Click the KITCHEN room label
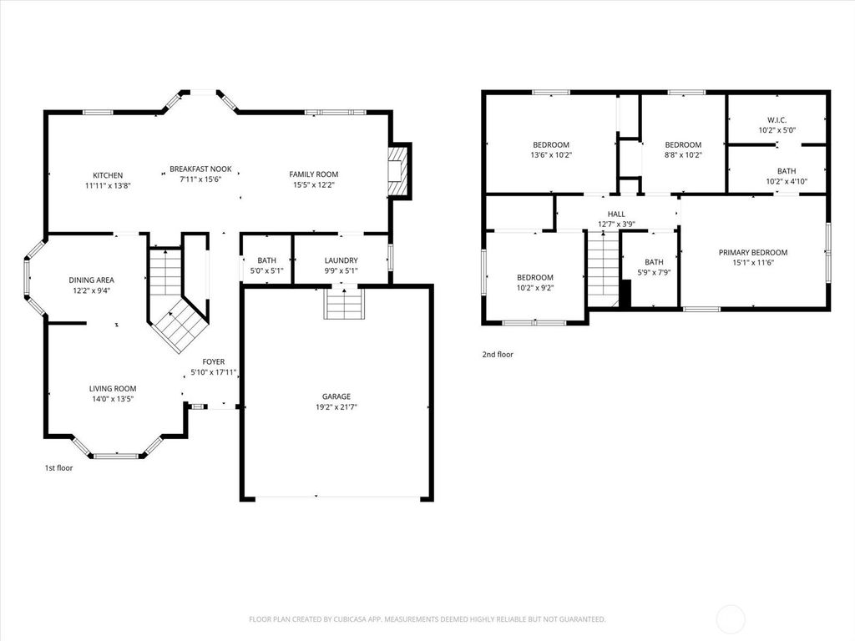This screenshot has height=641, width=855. (x=108, y=175)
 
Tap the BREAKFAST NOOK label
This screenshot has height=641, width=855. (x=200, y=169)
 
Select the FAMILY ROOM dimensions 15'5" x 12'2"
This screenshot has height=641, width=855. (x=314, y=184)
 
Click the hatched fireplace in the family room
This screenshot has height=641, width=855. (x=398, y=170)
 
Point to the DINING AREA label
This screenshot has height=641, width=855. (x=92, y=280)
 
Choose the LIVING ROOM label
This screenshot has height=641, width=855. (x=113, y=389)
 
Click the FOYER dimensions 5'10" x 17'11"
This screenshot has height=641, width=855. (x=213, y=373)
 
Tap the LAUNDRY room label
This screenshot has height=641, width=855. (x=341, y=260)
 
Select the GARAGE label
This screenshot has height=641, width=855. (x=336, y=396)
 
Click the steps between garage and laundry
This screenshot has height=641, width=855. (x=343, y=303)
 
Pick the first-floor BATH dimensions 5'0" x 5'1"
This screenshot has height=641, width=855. (x=266, y=271)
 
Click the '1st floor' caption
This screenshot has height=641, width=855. (x=59, y=467)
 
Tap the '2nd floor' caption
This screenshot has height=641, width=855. (x=498, y=354)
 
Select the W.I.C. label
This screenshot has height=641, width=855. (x=777, y=120)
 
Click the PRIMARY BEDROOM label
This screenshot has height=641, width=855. (x=753, y=252)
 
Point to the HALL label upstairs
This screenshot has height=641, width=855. (x=616, y=215)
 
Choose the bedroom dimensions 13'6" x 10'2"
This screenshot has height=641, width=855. (x=551, y=154)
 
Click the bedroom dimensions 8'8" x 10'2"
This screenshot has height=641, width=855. (x=683, y=154)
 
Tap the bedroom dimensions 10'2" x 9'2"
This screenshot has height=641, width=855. (x=535, y=288)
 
